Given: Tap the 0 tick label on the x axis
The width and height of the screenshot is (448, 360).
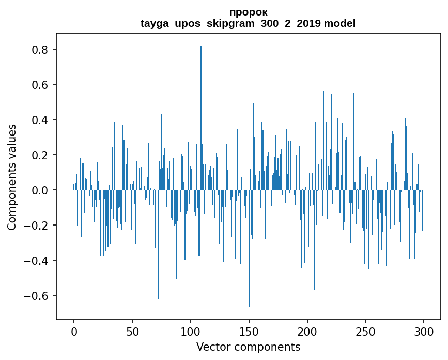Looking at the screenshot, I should click(x=74, y=331).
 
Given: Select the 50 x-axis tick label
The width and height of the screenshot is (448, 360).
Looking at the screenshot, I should click(x=132, y=331).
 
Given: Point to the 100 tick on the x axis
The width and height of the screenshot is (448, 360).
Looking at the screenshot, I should click(x=191, y=331).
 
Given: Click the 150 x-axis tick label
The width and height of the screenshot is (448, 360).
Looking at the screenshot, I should click(x=249, y=331).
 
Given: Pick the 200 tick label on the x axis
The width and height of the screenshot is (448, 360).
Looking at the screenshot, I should click(x=307, y=331).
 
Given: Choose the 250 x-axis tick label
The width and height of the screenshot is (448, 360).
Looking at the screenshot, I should click(x=366, y=331).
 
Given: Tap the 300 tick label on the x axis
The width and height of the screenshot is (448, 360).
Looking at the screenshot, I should click(x=424, y=331).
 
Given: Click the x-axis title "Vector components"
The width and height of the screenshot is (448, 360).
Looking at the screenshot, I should click(x=248, y=347).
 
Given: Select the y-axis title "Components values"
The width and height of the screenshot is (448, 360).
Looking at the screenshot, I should click(x=12, y=177).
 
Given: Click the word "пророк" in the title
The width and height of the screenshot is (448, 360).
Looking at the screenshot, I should click(x=248, y=12).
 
